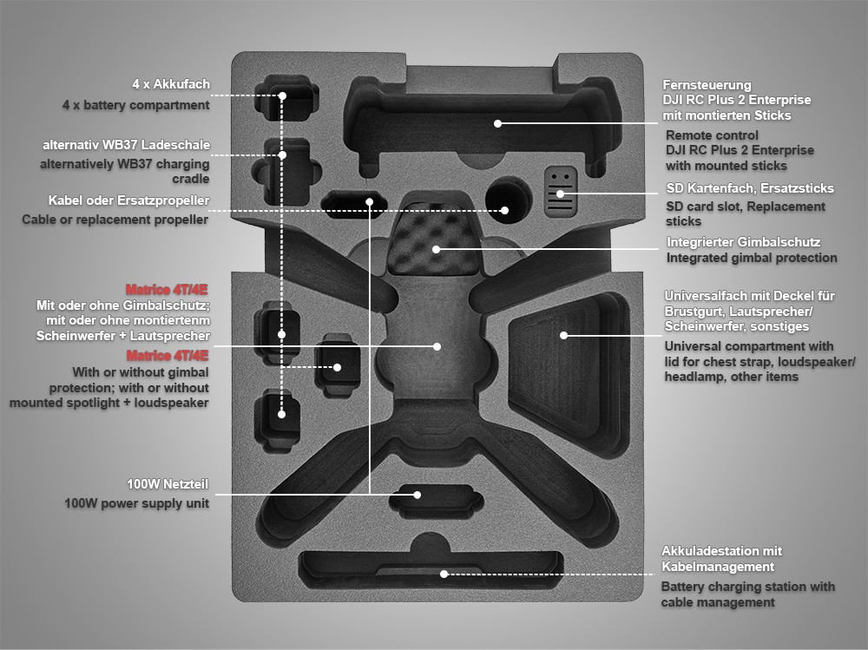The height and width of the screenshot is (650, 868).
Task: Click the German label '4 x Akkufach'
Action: (x=170, y=84)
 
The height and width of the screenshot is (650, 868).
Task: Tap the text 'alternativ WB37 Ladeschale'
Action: (x=126, y=144)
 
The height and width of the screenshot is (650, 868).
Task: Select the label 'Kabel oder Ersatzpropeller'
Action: (x=128, y=200)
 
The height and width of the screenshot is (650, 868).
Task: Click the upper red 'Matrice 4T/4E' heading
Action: (x=168, y=289)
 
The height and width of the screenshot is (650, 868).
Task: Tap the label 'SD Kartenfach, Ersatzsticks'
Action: (x=749, y=187)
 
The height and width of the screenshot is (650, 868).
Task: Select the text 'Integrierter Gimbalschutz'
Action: (x=743, y=241)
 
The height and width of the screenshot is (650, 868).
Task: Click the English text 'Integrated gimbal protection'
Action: (x=752, y=257)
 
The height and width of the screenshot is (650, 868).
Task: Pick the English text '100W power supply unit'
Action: (x=136, y=502)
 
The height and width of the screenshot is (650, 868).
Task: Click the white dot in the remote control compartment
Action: (x=498, y=123)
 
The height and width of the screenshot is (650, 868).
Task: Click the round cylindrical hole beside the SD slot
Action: (x=505, y=195)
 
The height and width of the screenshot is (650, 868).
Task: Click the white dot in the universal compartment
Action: (x=563, y=334)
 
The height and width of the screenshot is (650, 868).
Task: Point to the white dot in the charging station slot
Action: (x=444, y=574)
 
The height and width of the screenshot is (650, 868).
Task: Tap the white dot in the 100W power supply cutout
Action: (x=418, y=496)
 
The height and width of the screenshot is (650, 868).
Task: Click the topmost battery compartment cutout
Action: (x=283, y=98)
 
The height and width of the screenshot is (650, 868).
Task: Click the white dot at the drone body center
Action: (x=437, y=346)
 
